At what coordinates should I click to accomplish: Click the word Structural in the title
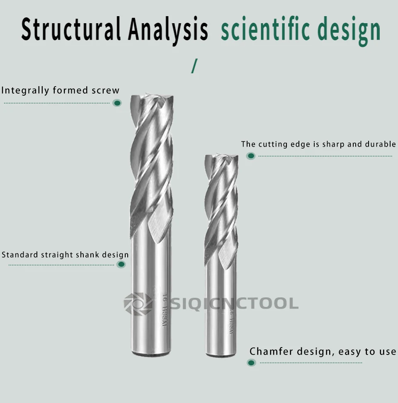pyautogui.click(x=71, y=29)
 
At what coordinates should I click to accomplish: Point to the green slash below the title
pyautogui.click(x=194, y=66)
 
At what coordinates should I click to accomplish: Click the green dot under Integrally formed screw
pyautogui.click(x=117, y=103)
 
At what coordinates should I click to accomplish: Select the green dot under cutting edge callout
pyautogui.click(x=250, y=156)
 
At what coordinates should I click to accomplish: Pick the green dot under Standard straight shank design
pyautogui.click(x=121, y=264)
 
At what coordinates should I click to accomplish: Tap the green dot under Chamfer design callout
pyautogui.click(x=251, y=363)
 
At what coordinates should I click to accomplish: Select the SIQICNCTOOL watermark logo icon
pyautogui.click(x=138, y=304)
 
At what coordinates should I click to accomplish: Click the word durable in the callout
pyautogui.click(x=380, y=144)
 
